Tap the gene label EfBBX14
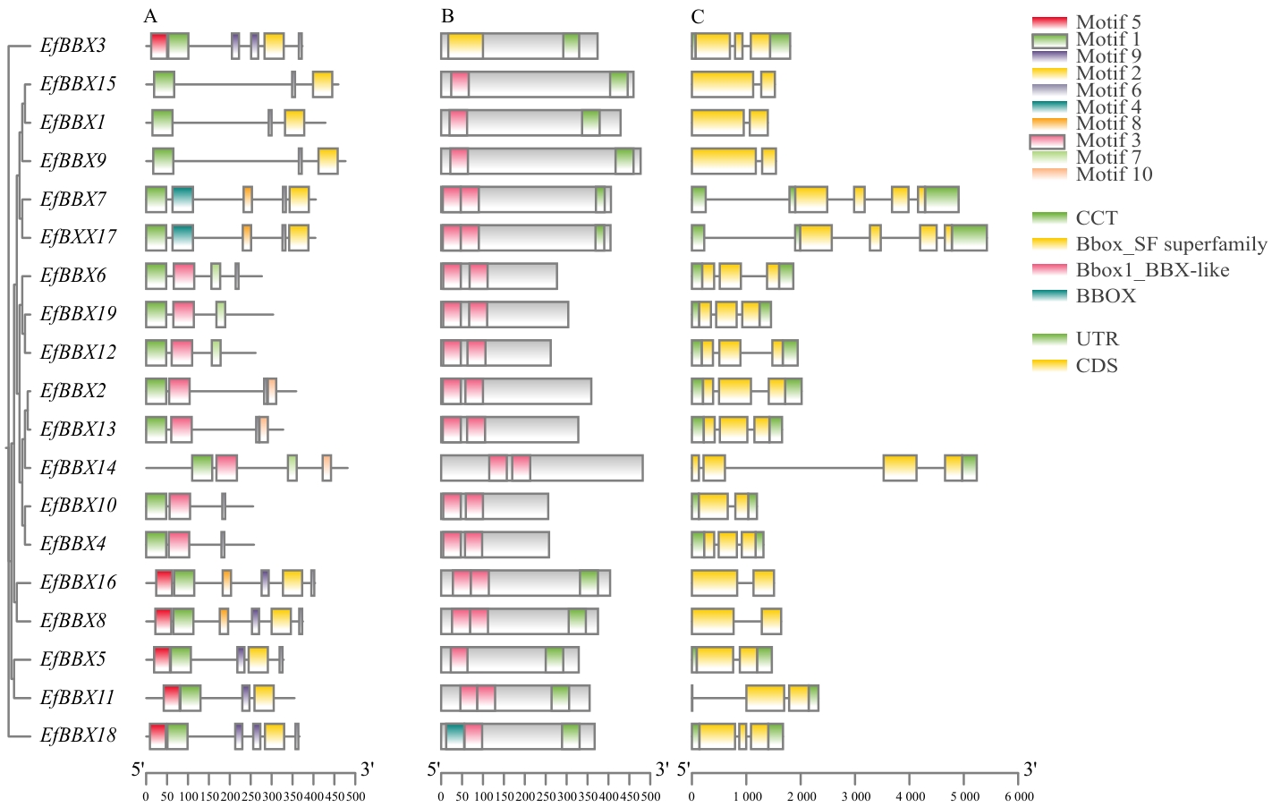tap(78, 467)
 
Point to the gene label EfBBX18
tap(78, 735)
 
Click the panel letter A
tap(150, 16)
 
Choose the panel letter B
tap(447, 16)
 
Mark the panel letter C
tap(698, 16)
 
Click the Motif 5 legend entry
tap(1108, 22)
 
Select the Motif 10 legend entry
tap(1114, 174)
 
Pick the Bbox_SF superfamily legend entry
tap(1171, 244)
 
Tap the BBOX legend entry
tap(1106, 296)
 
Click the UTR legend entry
tap(1097, 339)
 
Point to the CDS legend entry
tap(1097, 366)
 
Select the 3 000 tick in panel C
tap(855, 795)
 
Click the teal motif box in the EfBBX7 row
tap(182, 200)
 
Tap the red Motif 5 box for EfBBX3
tap(159, 46)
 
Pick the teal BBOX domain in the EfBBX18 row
tap(454, 735)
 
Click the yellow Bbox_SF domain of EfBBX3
tap(465, 46)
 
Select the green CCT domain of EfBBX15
tap(619, 84)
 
